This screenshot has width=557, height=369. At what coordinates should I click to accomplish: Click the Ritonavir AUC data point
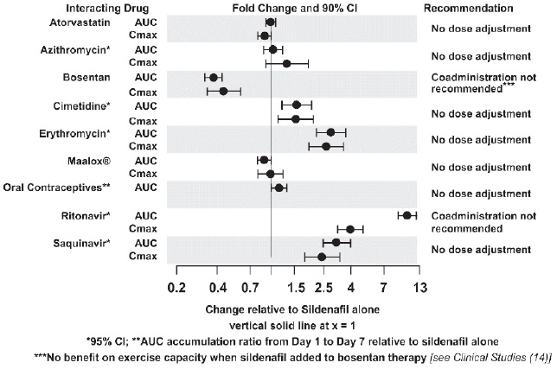[407, 214]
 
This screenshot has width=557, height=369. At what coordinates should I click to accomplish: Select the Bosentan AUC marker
[214, 77]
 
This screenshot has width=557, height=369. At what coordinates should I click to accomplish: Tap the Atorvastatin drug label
[54, 22]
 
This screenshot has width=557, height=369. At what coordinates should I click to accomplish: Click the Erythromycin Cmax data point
[326, 146]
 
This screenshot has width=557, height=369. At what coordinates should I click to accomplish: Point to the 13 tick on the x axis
[419, 287]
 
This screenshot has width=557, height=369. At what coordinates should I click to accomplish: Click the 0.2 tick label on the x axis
[176, 287]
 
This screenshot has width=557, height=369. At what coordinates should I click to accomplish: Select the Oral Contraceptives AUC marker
[278, 188]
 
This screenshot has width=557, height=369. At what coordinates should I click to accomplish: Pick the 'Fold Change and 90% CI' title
[297, 8]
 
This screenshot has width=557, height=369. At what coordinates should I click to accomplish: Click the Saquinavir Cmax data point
[322, 257]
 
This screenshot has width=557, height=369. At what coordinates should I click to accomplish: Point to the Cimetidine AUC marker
[296, 105]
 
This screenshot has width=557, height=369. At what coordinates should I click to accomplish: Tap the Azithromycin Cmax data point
[286, 63]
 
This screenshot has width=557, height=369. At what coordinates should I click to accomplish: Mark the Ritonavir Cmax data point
[350, 229]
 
